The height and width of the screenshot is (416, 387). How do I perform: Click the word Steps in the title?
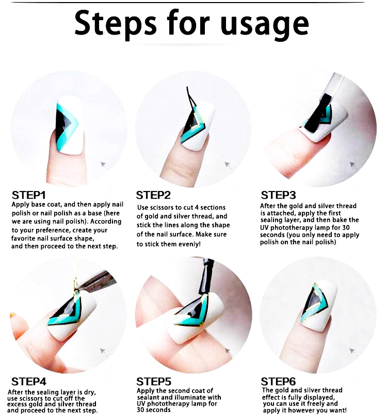click(x=116, y=24)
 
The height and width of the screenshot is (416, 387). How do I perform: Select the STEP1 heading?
click(x=29, y=195)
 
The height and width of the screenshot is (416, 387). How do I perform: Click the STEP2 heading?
click(x=153, y=195)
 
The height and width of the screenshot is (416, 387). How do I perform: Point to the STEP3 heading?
click(x=278, y=195)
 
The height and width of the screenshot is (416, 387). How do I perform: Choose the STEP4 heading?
click(x=29, y=381)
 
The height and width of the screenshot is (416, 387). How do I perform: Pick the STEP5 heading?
click(x=154, y=381)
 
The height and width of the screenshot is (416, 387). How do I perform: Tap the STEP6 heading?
click(x=278, y=381)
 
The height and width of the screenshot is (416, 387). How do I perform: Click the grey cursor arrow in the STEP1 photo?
click(x=103, y=165)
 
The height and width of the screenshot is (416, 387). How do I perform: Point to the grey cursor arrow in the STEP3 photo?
click(x=352, y=165)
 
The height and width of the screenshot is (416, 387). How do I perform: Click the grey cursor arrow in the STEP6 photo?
click(x=352, y=351)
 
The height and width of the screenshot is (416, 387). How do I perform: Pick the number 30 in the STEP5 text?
click(x=140, y=410)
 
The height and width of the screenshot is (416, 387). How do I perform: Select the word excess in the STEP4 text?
click(x=17, y=404)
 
